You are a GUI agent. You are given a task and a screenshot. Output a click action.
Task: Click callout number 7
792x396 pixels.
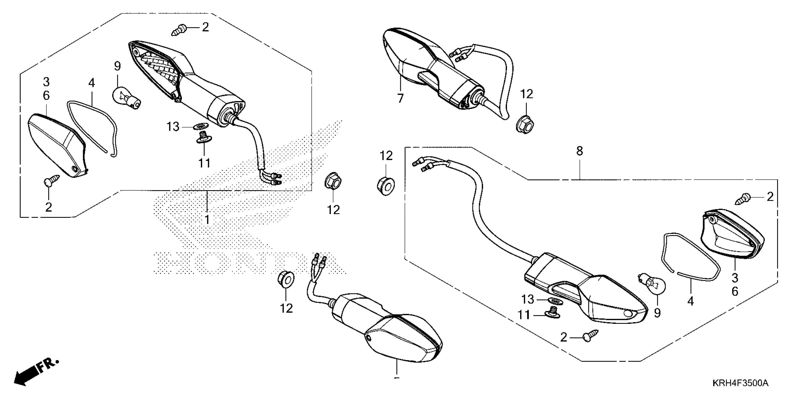pos(400,98)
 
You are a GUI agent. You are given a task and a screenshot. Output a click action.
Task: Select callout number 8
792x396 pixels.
pos(580,151)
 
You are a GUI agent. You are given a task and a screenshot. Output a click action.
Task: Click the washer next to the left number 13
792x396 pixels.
pos(200,126)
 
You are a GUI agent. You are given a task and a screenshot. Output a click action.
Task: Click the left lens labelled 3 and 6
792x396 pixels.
pos(57,144)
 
